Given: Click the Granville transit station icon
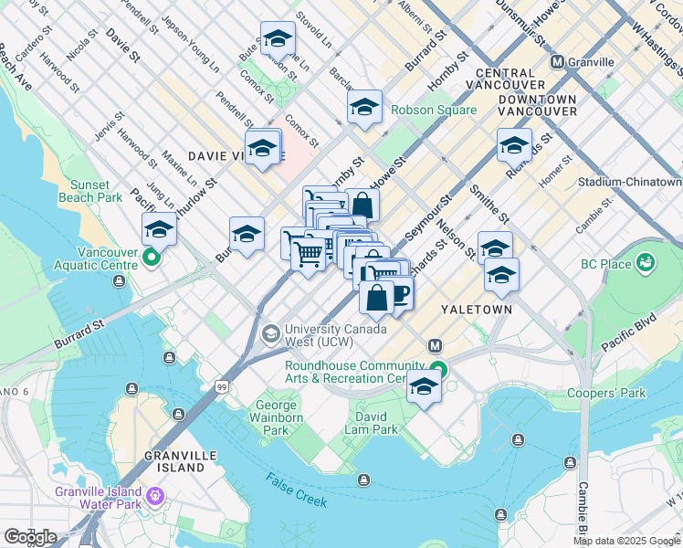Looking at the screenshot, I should click(556, 61).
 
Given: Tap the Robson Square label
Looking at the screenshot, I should click(434, 110).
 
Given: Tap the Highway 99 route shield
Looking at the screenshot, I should click(223, 388).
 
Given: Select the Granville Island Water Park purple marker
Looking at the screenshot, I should click(155, 496).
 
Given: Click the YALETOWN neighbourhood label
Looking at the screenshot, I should click(476, 310).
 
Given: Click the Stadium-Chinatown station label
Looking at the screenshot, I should click(630, 183).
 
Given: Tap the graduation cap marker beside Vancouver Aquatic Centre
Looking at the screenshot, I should click(159, 230).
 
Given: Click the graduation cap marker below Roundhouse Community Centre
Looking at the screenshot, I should click(424, 386).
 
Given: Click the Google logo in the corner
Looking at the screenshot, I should click(30, 537).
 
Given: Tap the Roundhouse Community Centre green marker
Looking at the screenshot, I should click(439, 370).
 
